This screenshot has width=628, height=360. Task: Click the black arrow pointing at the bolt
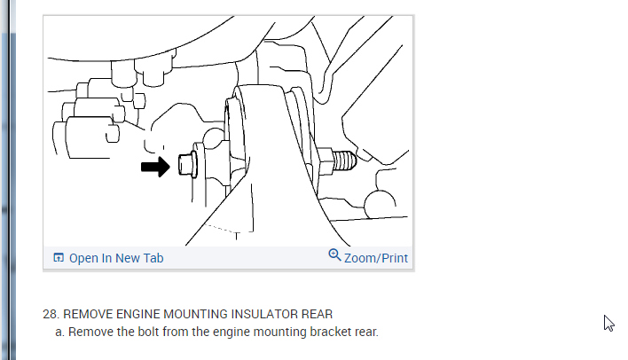pos(155,167)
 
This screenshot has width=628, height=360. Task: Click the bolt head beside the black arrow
pos(186,164)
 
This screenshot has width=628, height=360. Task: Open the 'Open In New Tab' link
pos(115,258)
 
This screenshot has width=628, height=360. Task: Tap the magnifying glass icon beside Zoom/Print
pos(334,255)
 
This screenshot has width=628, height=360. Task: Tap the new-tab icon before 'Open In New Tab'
pos(59,258)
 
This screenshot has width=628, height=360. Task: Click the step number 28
pos(51,314)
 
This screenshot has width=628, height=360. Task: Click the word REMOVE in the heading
pos(88,314)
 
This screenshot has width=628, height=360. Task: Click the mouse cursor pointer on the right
pos(608,323)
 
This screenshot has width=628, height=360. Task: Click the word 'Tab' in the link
pos(153,258)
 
